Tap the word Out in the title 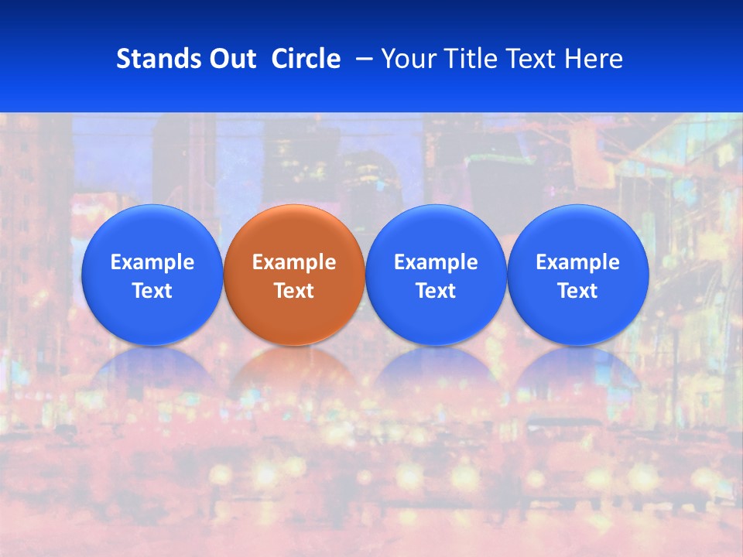click(x=231, y=59)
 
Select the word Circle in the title click(x=306, y=59)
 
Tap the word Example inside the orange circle click(x=294, y=262)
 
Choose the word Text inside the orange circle click(x=294, y=291)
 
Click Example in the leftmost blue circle click(x=152, y=262)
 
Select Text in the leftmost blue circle click(x=152, y=291)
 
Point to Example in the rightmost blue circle click(x=577, y=262)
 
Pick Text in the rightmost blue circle click(x=577, y=291)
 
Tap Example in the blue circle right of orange click(x=436, y=262)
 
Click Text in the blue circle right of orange click(x=436, y=291)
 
